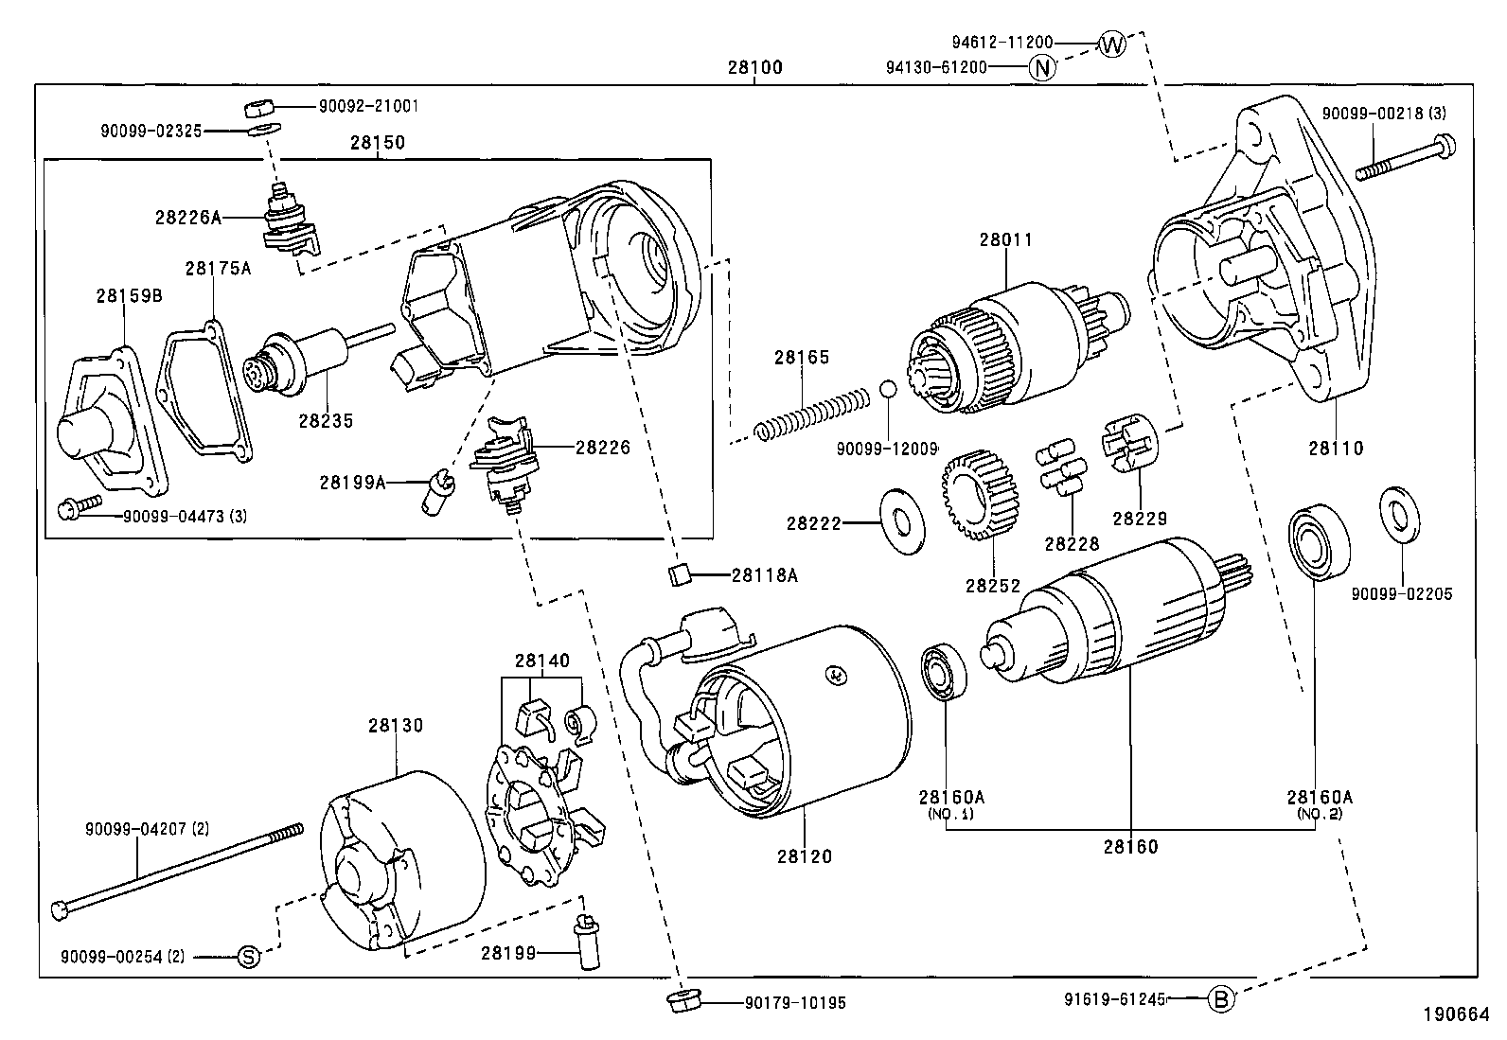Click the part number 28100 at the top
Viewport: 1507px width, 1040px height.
[754, 68]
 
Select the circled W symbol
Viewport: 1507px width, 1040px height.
[1112, 44]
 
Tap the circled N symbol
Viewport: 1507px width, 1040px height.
[1041, 67]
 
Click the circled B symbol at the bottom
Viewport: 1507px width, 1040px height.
[1221, 998]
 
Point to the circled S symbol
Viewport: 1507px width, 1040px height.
[246, 957]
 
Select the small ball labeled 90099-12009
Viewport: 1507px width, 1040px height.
[887, 390]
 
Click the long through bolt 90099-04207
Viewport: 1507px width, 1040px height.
[180, 868]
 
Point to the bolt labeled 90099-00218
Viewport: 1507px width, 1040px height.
[1406, 158]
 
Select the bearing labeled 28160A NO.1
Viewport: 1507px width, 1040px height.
[944, 672]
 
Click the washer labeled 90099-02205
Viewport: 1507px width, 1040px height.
[1400, 518]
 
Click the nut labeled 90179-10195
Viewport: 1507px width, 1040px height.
[679, 1001]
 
